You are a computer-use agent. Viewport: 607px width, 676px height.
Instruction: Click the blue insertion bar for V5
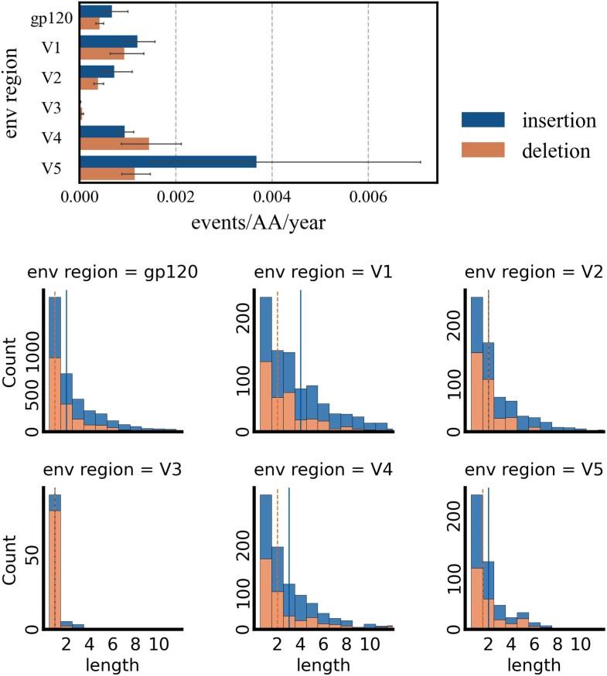(168, 161)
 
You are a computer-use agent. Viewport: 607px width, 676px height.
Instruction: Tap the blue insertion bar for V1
(108, 42)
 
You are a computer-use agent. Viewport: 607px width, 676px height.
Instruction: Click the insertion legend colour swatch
(483, 120)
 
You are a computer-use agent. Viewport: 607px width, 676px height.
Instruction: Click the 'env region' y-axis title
(13, 91)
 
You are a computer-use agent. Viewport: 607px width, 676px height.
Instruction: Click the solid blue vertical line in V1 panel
(300, 363)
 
